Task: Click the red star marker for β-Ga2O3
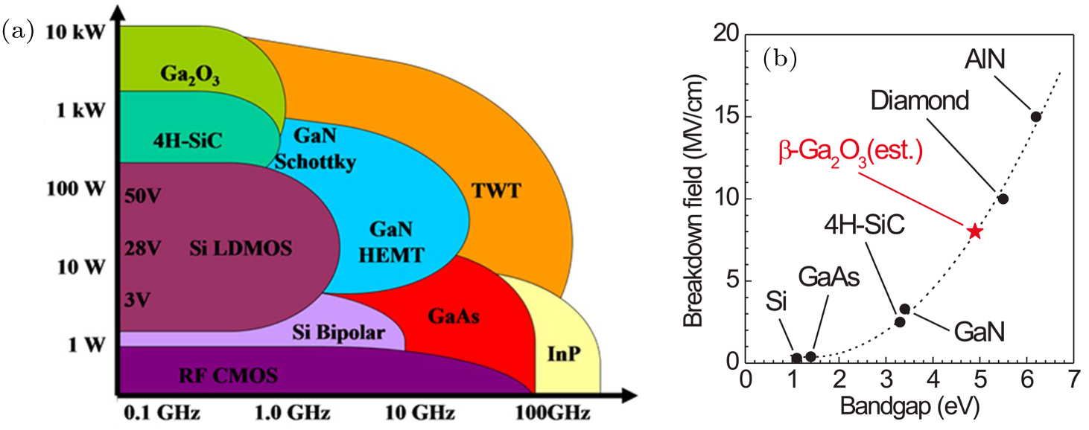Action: point(974,231)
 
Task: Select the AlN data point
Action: point(1035,117)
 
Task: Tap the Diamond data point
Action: point(1003,199)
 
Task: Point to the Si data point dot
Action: point(796,358)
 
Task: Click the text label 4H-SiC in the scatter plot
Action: point(865,224)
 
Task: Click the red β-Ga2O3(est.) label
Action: point(851,153)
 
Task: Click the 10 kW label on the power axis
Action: point(73,33)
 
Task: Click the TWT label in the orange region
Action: point(495,192)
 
